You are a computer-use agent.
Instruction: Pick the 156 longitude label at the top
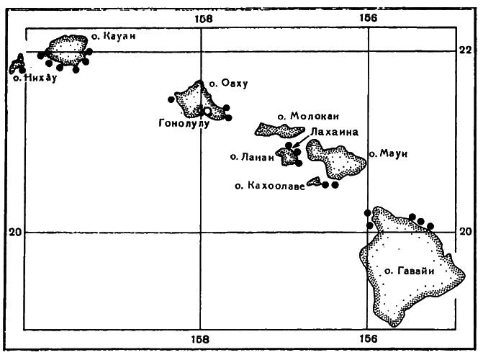[x=369, y=19]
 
